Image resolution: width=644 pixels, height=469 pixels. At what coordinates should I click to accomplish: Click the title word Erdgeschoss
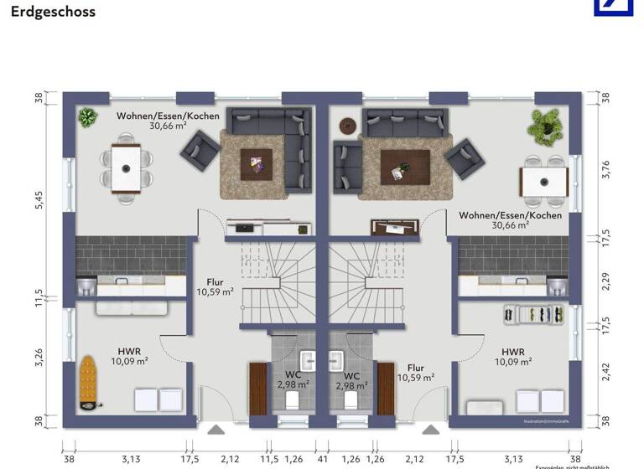pos(53,13)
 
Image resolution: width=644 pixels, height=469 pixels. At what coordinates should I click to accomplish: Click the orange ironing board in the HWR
pos(88,384)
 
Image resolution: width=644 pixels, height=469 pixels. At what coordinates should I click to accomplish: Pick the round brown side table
pos(347,126)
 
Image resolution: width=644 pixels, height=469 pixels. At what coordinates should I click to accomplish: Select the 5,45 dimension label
pos(39,199)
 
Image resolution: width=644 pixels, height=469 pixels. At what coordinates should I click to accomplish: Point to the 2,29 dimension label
pos(606,281)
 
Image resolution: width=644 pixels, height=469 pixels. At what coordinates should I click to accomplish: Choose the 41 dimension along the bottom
pos(322,458)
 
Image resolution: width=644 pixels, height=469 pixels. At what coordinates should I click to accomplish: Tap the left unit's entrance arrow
pos(216,430)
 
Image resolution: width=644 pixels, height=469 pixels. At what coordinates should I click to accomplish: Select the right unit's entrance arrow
pos(431,430)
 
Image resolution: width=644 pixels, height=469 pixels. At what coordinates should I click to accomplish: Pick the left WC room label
pos(293,380)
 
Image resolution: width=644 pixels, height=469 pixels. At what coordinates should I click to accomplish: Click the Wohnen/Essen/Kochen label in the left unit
pos(157,121)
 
